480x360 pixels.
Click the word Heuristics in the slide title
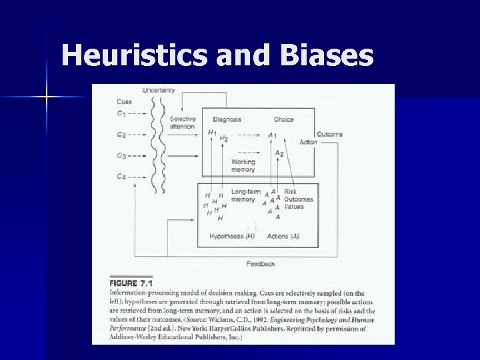(134, 55)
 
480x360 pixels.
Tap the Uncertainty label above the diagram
(159, 91)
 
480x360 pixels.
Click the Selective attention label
(182, 123)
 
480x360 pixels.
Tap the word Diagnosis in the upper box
(227, 119)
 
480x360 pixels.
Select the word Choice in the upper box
(283, 119)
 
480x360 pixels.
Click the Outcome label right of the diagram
(330, 134)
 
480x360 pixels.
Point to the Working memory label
(243, 165)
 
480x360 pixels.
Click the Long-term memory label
(245, 196)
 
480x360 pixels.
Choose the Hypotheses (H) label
(232, 236)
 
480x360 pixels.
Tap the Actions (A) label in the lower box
(283, 236)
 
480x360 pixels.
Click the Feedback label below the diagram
(260, 264)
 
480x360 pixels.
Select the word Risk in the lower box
(290, 192)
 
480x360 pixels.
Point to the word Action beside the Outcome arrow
(308, 142)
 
